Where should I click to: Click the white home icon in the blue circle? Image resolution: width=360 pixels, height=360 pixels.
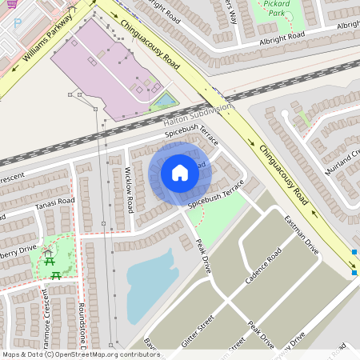pyautogui.click(x=180, y=172)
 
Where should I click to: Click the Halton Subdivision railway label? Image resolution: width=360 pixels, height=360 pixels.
pyautogui.click(x=197, y=114)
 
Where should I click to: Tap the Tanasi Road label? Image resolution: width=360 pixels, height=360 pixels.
pyautogui.click(x=54, y=206)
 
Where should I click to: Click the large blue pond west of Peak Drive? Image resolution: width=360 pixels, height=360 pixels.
pyautogui.click(x=151, y=284)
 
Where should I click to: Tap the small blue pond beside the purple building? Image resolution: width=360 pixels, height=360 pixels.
pyautogui.click(x=166, y=101)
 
